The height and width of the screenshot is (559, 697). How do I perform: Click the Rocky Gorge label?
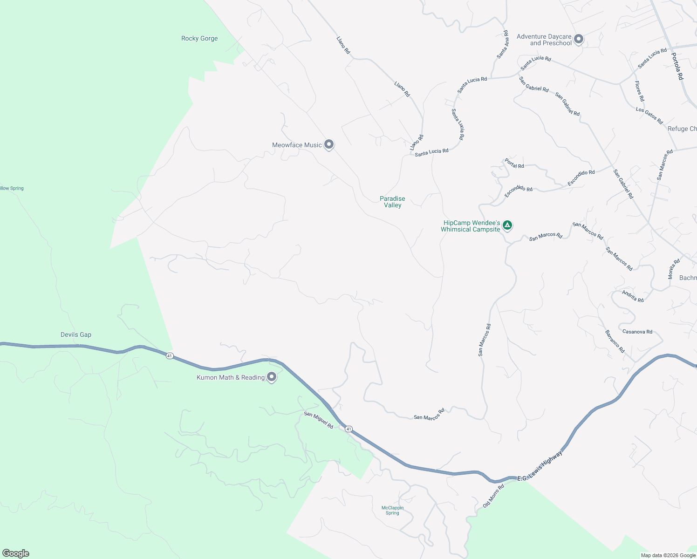[x=199, y=39]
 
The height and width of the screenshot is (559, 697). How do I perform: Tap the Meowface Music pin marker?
[x=329, y=144]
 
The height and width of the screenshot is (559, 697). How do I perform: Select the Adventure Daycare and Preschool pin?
[x=579, y=39]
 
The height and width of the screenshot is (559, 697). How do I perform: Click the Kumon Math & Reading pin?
[x=272, y=377]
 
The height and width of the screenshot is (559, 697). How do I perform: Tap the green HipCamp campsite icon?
[x=507, y=225]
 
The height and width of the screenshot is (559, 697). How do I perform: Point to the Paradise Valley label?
[x=392, y=202]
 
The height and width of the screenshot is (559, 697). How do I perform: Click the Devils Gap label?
[x=76, y=334]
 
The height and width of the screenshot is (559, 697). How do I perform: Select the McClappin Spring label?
[x=392, y=511]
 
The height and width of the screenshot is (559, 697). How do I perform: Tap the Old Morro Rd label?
[x=493, y=496]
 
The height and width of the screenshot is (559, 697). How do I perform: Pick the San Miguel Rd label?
[x=319, y=420]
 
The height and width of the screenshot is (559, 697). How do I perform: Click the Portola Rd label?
[x=677, y=66]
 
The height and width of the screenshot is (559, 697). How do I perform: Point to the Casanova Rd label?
[x=637, y=332]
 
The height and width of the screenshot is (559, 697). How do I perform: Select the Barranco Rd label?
[x=615, y=341]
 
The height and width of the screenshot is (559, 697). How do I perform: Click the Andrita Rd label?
[x=633, y=296]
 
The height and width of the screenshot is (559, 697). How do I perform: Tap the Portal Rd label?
[x=514, y=164]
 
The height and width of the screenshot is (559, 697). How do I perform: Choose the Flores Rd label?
[x=639, y=91]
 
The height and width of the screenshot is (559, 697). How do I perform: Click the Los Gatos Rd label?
[x=649, y=116]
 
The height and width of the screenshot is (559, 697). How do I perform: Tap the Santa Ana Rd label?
[x=503, y=45]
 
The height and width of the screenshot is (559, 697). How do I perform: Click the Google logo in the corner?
[x=16, y=553]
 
